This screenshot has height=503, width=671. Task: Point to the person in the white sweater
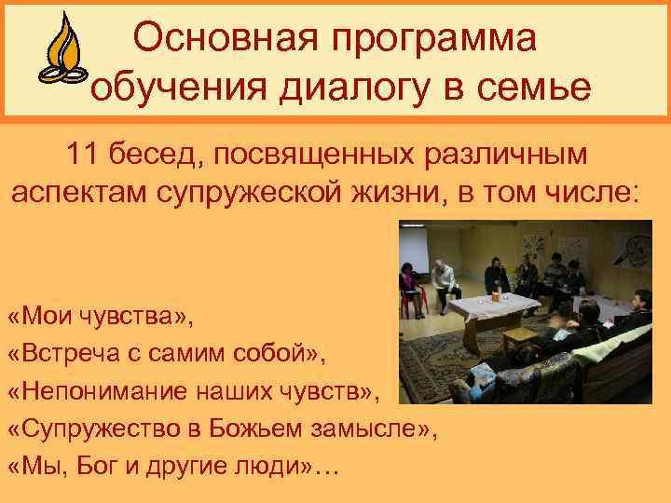pos(445,278)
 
